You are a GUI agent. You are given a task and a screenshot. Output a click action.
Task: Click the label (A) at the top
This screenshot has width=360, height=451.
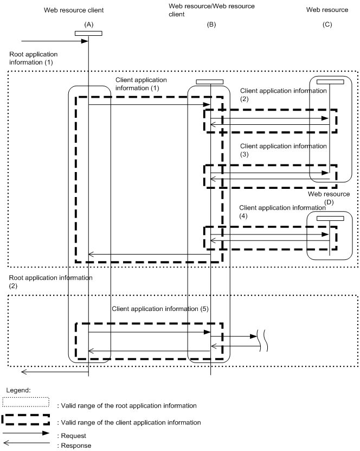coord(88,24)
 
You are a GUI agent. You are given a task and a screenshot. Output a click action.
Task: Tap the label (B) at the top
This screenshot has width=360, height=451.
coord(211,24)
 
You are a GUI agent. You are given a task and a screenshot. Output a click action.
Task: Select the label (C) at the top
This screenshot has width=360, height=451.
coord(329,24)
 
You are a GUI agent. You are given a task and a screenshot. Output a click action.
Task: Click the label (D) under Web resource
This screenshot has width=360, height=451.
coord(329,202)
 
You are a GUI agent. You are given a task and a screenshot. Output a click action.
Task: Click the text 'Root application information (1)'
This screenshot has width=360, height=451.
coord(33,59)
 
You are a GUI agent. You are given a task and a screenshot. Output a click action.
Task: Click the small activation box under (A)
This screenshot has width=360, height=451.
coord(88,33)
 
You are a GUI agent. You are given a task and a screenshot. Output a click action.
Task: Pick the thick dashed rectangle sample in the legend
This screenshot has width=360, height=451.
coord(26,421)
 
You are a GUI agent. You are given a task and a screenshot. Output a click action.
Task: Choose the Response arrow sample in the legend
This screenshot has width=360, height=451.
coord(26,442)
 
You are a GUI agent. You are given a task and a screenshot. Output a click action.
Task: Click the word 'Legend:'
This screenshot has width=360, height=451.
coord(18,390)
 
